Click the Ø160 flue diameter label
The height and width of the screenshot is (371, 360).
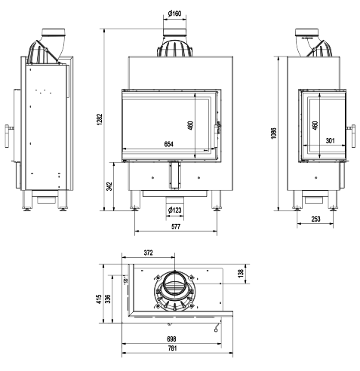click(175, 14)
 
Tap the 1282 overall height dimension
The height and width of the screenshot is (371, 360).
click(100, 119)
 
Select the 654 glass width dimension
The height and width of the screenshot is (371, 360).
click(168, 144)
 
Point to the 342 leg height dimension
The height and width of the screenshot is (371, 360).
click(109, 186)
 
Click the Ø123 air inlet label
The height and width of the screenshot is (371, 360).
click(175, 210)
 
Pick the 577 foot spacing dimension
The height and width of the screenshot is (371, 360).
click(176, 227)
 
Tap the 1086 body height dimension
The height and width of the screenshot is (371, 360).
click(274, 133)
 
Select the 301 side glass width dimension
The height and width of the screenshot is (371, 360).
click(330, 140)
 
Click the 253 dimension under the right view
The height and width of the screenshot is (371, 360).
click(315, 219)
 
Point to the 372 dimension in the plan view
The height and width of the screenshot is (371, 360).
click(149, 253)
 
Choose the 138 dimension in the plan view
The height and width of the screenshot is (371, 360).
click(241, 274)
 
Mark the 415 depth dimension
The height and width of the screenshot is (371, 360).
click(100, 299)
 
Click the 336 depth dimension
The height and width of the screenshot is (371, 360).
click(108, 299)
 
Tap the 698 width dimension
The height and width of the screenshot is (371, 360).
click(171, 339)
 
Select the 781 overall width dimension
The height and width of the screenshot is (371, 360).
click(172, 348)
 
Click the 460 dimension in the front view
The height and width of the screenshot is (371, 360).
click(190, 125)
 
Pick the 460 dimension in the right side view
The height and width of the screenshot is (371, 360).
click(315, 125)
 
